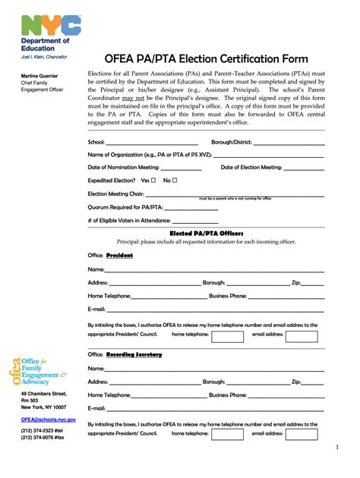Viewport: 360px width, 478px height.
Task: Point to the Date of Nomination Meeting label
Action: (x=124, y=167)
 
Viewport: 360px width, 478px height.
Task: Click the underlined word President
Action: (x=119, y=256)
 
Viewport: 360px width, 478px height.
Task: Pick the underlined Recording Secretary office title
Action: (x=134, y=354)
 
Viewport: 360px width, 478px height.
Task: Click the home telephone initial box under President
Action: (x=227, y=336)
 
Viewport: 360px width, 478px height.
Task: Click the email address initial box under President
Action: (x=304, y=336)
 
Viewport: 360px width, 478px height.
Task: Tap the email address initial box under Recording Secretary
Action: (x=304, y=435)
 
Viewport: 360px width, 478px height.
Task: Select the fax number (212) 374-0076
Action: (x=43, y=438)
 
